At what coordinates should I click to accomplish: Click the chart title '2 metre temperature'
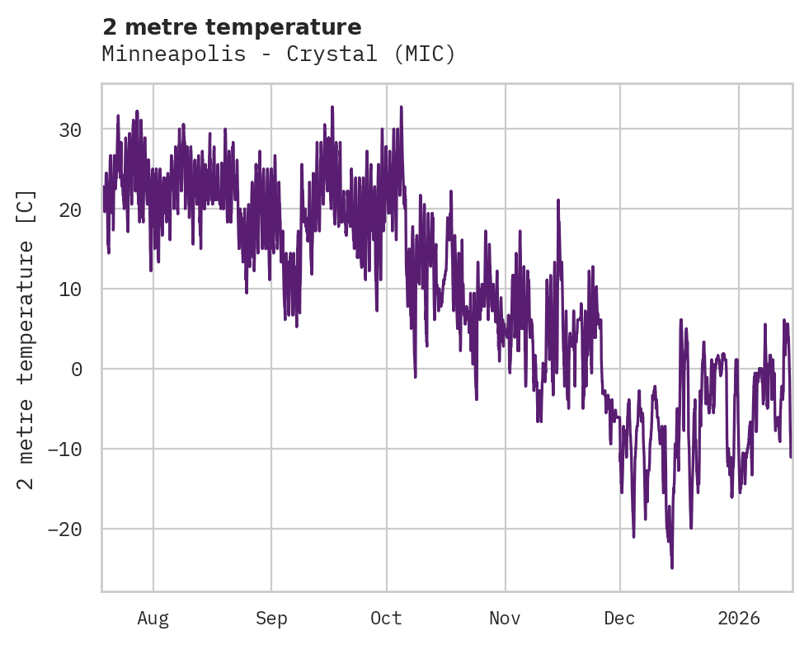[232, 27]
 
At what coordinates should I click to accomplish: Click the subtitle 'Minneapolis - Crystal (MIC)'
[279, 54]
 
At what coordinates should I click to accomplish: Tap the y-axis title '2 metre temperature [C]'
[26, 339]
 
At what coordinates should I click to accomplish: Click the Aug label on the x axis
[153, 619]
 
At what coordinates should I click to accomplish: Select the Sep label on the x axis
[270, 619]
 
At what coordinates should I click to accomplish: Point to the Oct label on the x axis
[386, 619]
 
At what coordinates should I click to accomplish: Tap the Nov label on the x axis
[505, 619]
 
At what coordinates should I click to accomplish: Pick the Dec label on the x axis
[619, 619]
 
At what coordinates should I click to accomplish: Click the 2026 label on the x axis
[739, 619]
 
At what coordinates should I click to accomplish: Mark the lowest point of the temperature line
[672, 567]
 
